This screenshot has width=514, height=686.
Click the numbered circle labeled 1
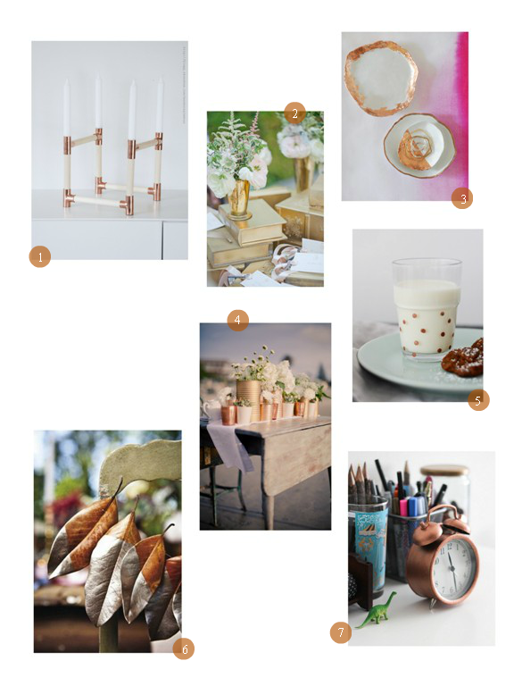click(40, 256)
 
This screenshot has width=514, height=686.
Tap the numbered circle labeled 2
click(294, 113)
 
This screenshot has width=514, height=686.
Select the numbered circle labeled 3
click(462, 198)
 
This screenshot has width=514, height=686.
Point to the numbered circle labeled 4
click(237, 321)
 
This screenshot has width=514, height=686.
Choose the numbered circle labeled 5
click(478, 400)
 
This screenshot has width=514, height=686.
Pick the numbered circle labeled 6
click(184, 648)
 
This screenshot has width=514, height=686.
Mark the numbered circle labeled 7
click(341, 632)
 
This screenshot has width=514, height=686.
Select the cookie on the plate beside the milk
click(463, 356)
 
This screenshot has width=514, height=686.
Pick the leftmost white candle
click(66, 107)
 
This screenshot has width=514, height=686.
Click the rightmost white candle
click(160, 105)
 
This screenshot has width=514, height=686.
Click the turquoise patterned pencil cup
click(368, 541)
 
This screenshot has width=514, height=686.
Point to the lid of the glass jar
click(444, 471)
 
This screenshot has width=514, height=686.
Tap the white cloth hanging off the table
click(229, 444)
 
